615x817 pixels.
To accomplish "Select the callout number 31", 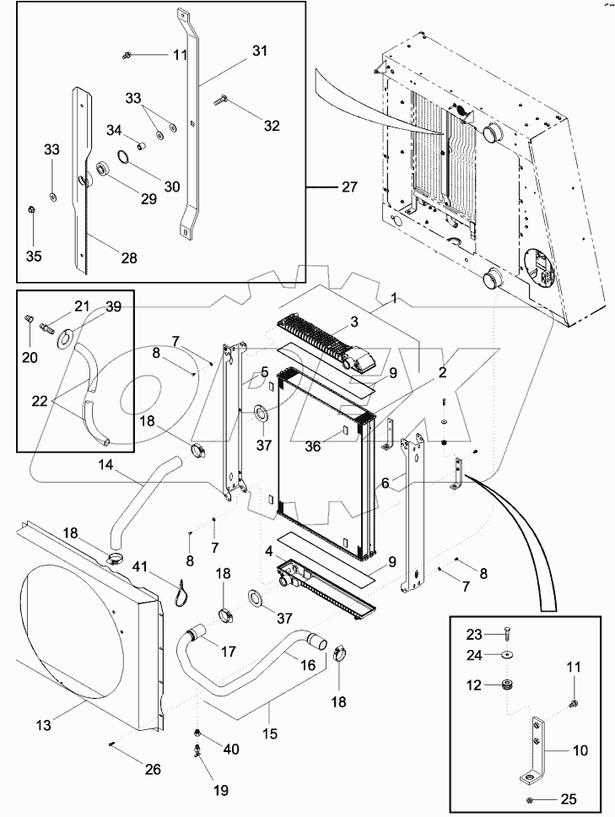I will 259,51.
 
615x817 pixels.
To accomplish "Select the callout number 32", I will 271,126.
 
